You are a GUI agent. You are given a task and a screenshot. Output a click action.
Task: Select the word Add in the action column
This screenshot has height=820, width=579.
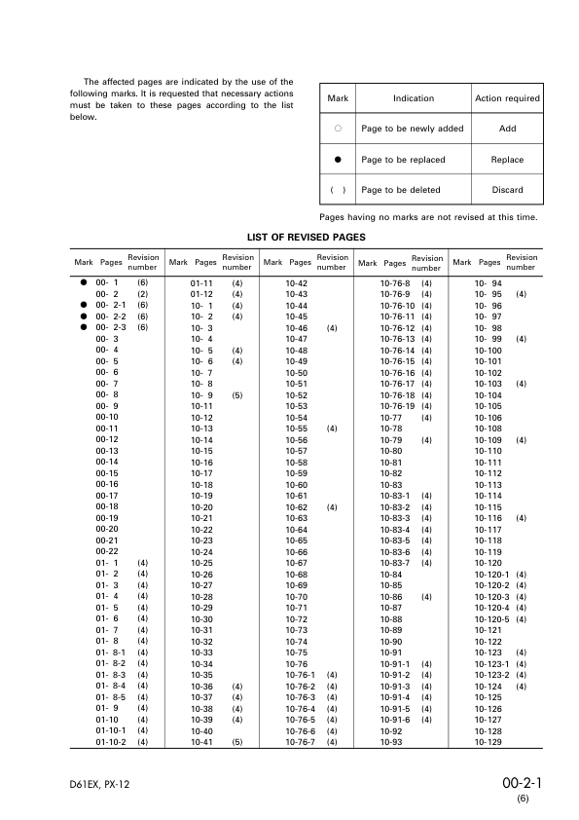click(x=507, y=129)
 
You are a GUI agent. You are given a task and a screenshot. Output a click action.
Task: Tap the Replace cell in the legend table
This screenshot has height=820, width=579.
click(x=507, y=160)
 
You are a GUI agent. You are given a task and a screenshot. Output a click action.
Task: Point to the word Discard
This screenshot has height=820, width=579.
click(x=507, y=190)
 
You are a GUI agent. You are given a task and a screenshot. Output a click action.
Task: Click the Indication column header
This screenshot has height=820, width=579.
click(x=413, y=98)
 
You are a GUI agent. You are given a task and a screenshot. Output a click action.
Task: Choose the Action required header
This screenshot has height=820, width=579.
click(x=507, y=98)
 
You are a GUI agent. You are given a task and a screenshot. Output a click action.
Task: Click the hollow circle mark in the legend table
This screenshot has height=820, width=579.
click(x=338, y=129)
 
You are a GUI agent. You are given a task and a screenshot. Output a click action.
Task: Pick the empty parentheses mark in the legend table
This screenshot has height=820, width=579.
click(x=338, y=190)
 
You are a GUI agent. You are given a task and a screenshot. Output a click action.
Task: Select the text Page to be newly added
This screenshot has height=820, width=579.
click(x=413, y=129)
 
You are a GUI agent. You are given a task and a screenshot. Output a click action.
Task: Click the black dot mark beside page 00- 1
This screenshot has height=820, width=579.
click(x=84, y=282)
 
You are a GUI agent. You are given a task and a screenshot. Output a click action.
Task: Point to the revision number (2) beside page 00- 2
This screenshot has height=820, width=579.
click(x=142, y=293)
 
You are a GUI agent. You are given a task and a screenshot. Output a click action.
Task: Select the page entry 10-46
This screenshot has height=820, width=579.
click(x=297, y=328)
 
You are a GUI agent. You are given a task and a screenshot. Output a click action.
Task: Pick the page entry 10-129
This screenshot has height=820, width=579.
click(x=488, y=742)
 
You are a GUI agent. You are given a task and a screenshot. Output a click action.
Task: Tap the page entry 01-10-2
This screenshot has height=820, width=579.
click(x=109, y=742)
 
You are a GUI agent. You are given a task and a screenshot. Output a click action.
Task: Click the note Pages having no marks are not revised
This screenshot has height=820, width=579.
click(x=428, y=216)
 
